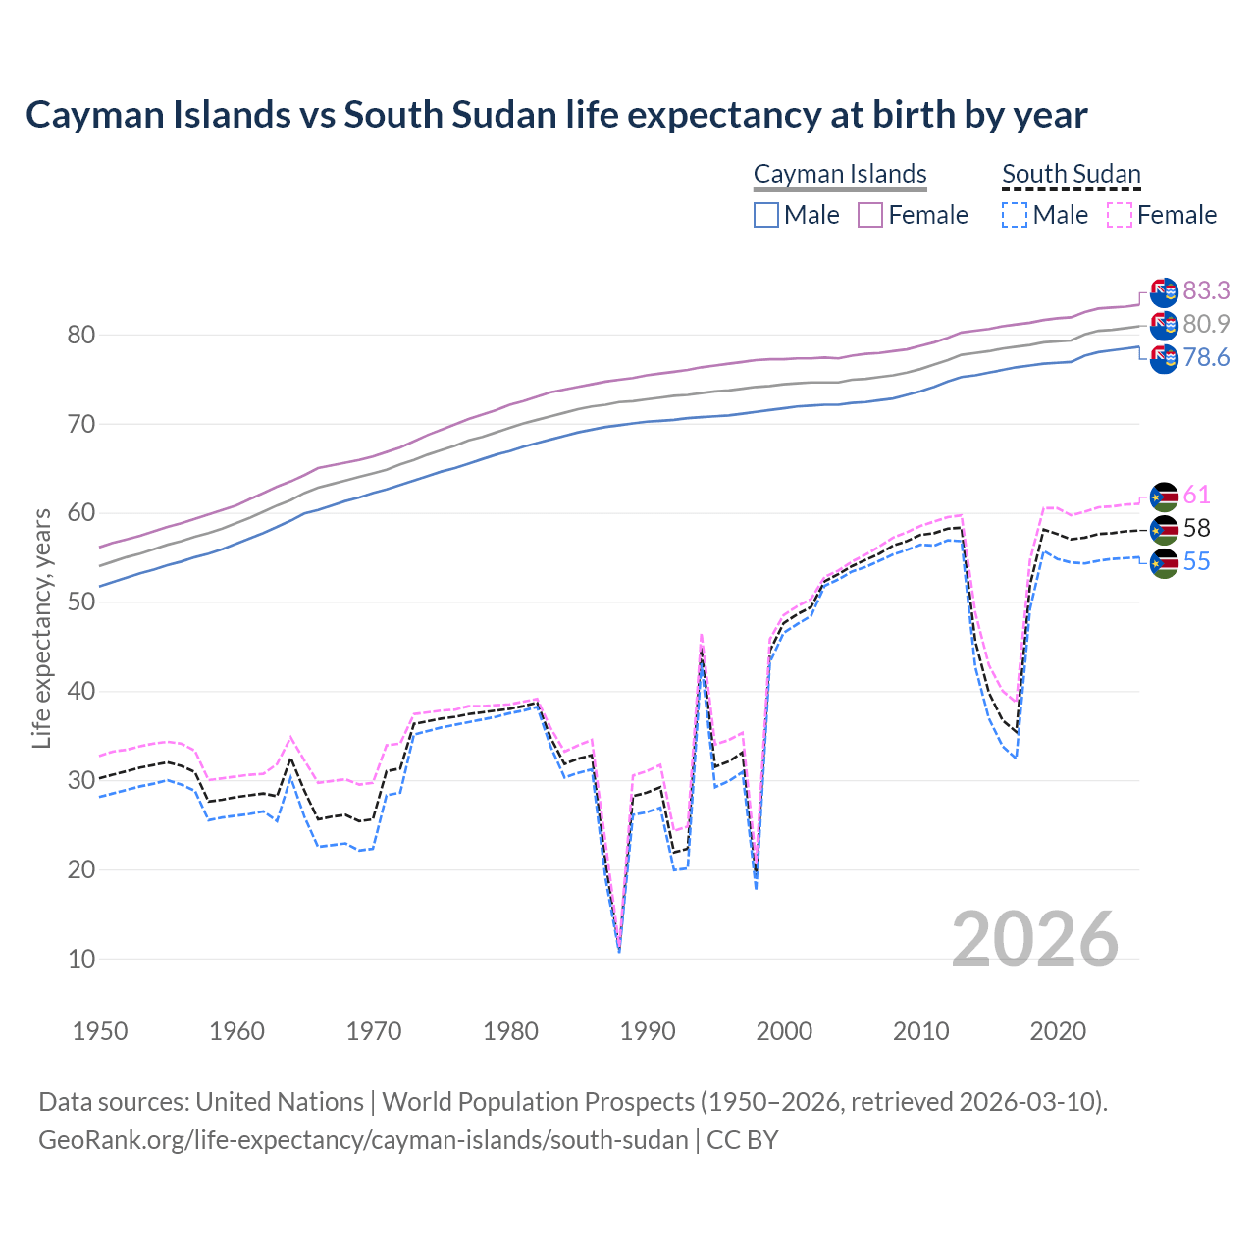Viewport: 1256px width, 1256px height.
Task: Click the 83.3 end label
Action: (x=1206, y=290)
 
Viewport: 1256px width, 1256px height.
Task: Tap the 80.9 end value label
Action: (x=1206, y=324)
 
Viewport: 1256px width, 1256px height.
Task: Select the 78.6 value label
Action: (x=1206, y=357)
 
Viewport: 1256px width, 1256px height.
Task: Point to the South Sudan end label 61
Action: (x=1196, y=495)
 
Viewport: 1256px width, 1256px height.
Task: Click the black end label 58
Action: (x=1196, y=528)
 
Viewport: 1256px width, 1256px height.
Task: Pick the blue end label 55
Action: (x=1196, y=561)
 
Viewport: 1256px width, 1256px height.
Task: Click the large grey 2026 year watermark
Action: (x=1035, y=939)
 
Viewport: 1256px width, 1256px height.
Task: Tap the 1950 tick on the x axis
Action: (x=100, y=1031)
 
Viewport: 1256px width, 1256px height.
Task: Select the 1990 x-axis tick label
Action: (x=648, y=1031)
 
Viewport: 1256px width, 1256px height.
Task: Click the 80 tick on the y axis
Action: (x=81, y=336)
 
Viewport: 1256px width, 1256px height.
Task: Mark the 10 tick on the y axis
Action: (x=81, y=959)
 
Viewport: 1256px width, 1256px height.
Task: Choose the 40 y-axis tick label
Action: (x=81, y=692)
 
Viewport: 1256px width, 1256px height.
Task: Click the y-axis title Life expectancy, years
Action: (x=42, y=628)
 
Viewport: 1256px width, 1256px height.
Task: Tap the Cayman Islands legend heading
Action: (x=840, y=174)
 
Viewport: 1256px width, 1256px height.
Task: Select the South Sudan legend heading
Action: (x=1071, y=174)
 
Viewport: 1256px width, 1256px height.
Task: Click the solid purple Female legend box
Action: (x=870, y=215)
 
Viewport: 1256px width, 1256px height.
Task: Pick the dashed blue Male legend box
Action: (x=1015, y=215)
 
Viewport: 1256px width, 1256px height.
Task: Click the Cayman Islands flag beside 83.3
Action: (x=1163, y=291)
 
